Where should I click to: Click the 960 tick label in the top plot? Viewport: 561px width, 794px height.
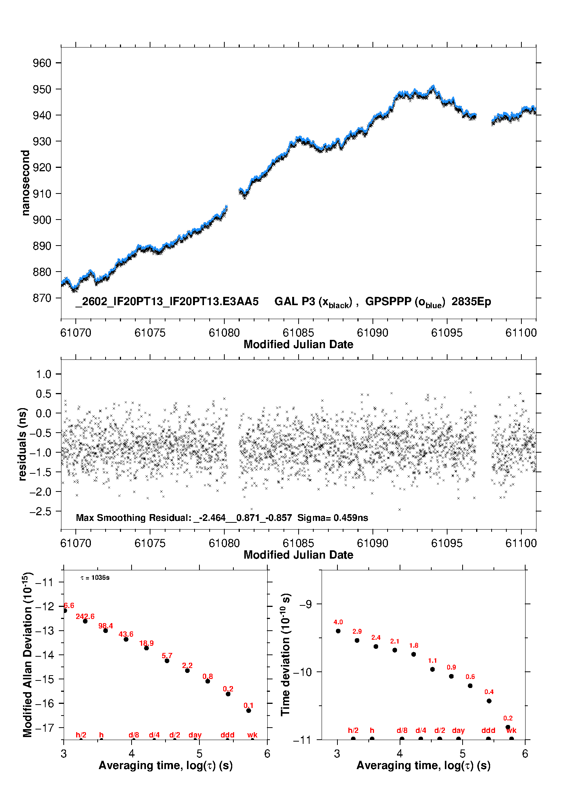click(42, 63)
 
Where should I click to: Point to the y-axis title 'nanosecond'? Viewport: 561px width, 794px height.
click(25, 183)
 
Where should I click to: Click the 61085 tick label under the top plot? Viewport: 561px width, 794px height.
click(298, 333)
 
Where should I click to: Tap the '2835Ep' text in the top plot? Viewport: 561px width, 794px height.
click(471, 301)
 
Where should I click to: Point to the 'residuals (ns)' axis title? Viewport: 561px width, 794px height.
click(23, 444)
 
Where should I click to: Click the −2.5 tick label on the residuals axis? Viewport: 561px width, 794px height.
click(41, 511)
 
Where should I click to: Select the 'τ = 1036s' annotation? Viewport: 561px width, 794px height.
click(95, 578)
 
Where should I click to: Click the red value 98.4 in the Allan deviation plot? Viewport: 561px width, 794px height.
click(106, 626)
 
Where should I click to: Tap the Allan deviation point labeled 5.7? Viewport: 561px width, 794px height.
click(167, 661)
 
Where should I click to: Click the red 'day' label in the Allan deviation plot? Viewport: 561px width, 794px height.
click(195, 735)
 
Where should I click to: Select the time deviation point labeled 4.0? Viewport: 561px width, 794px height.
click(338, 631)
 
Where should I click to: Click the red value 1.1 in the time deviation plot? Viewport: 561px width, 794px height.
click(432, 660)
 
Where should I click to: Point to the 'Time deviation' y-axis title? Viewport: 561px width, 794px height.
click(285, 655)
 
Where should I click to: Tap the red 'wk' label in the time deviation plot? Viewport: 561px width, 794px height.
click(511, 731)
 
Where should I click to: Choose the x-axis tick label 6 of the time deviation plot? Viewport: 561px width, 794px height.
click(525, 754)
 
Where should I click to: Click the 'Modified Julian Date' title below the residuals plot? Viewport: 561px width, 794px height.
click(298, 555)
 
